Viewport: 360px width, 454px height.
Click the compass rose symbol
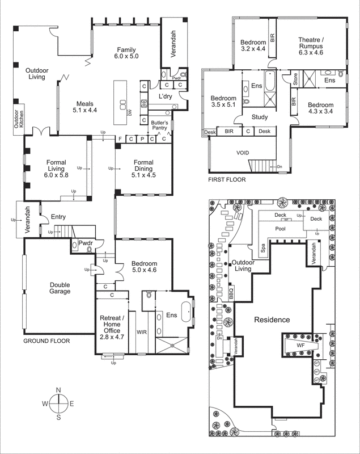(x=58, y=403)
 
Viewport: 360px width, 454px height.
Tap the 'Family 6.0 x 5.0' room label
(x=126, y=53)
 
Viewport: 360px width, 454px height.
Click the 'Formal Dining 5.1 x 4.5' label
(x=143, y=169)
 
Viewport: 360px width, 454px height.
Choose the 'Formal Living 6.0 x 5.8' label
(x=56, y=169)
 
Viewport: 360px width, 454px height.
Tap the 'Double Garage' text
(x=60, y=288)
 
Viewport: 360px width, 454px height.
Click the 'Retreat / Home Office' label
(x=112, y=327)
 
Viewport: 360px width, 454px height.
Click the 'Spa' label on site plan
(x=262, y=247)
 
